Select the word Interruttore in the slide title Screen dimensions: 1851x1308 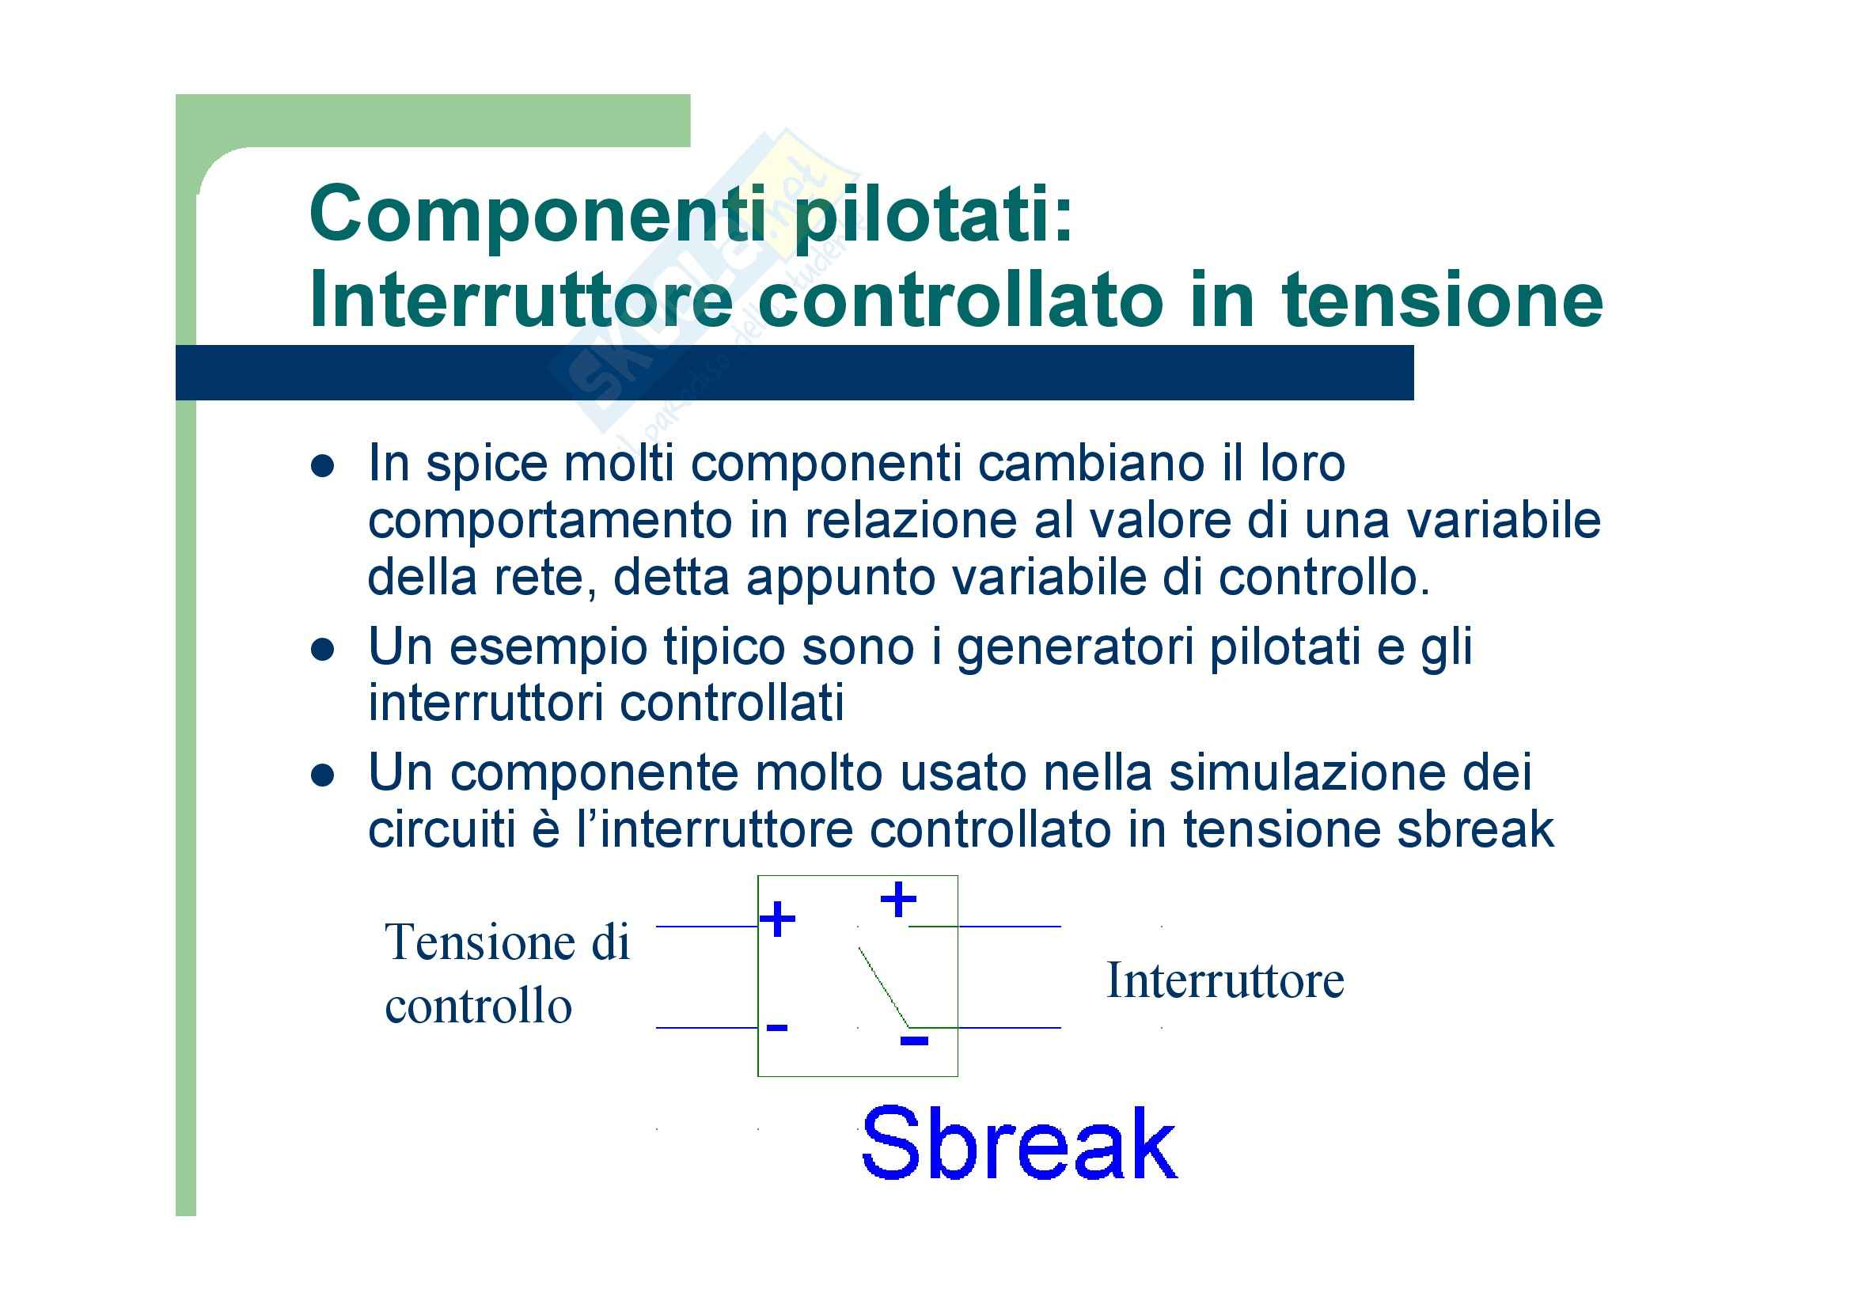pos(521,300)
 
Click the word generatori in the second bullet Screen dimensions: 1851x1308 pos(1075,648)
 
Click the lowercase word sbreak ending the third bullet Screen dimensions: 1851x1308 pos(1475,829)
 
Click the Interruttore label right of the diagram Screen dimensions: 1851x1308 pos(1225,980)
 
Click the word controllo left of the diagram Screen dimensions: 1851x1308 pos(479,1006)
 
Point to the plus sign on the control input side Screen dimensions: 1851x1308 pos(778,919)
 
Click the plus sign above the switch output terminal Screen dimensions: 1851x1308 pos(898,899)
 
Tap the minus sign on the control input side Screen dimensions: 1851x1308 pos(777,1027)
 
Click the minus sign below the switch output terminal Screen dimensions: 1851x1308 pos(914,1041)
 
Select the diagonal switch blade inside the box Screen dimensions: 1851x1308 pos(885,988)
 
